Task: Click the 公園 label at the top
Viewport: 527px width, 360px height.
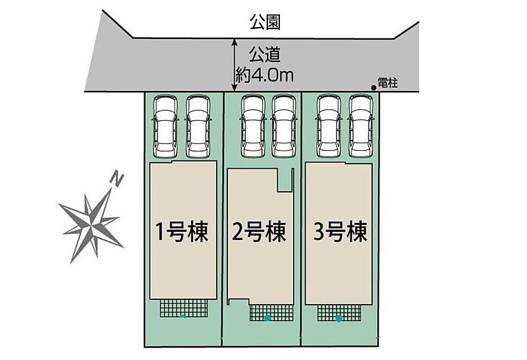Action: click(x=265, y=22)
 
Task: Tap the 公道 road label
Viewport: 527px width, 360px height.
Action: click(x=265, y=54)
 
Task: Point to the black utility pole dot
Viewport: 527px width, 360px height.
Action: click(x=374, y=88)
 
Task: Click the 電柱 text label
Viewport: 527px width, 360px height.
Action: click(x=388, y=82)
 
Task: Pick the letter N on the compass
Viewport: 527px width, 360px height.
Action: click(x=117, y=179)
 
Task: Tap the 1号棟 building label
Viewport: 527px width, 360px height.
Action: click(x=182, y=231)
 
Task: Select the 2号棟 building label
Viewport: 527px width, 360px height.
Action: click(x=259, y=231)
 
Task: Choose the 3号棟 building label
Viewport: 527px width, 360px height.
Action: click(x=340, y=231)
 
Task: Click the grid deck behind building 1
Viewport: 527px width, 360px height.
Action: click(x=184, y=308)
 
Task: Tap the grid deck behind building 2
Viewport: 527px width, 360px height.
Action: click(x=271, y=313)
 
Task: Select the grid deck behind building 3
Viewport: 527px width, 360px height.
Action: click(x=339, y=313)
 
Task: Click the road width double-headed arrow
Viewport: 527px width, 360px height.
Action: click(x=235, y=65)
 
